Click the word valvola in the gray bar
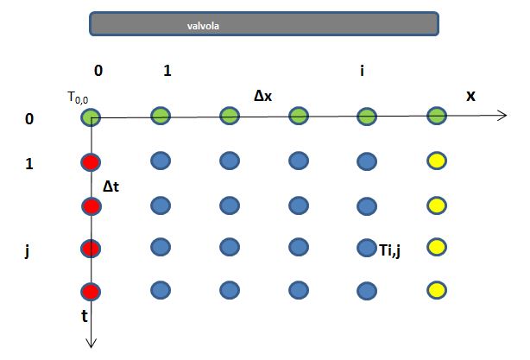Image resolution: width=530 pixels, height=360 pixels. pyautogui.click(x=203, y=25)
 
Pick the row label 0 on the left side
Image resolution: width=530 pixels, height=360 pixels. pyautogui.click(x=29, y=118)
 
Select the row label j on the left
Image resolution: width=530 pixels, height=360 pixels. pyautogui.click(x=29, y=250)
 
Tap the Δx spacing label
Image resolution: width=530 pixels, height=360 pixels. pyautogui.click(x=263, y=97)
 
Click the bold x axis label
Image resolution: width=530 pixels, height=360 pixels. pyautogui.click(x=470, y=96)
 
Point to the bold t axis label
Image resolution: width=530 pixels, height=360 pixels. pyautogui.click(x=83, y=316)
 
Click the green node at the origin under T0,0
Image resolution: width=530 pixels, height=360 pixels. pyautogui.click(x=91, y=117)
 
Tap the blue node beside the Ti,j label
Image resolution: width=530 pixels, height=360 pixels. pyautogui.click(x=367, y=249)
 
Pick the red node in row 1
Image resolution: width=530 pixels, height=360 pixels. pyautogui.click(x=91, y=161)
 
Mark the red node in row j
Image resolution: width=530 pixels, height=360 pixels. pyautogui.click(x=91, y=249)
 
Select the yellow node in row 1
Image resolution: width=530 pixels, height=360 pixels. pyautogui.click(x=437, y=161)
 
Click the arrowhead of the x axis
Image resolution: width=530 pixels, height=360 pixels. pyautogui.click(x=502, y=115)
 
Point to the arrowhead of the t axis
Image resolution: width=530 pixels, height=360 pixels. pyautogui.click(x=91, y=343)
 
